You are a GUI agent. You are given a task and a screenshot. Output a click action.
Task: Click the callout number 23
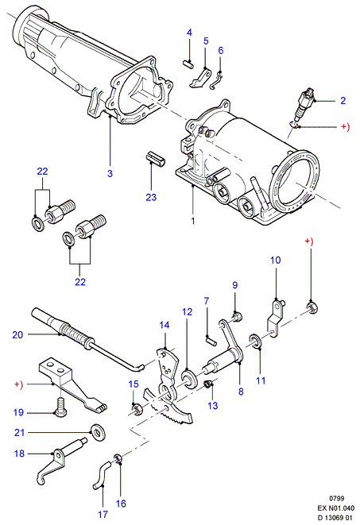[x=151, y=197]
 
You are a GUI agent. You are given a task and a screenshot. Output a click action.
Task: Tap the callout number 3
[x=110, y=173]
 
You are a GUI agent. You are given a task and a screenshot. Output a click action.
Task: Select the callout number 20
[x=17, y=334]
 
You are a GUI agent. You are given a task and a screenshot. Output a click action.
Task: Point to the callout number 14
[x=165, y=325]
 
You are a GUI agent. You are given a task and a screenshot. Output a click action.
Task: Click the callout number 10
[x=276, y=261]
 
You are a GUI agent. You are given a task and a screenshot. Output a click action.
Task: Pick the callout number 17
[x=103, y=514]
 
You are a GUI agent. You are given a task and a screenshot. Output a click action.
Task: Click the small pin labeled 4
[x=188, y=64]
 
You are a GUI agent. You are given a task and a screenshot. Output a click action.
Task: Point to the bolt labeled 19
[x=60, y=407]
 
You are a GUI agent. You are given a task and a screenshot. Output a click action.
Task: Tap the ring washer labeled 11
[x=256, y=341]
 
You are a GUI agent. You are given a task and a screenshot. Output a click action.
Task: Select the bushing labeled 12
[x=189, y=378]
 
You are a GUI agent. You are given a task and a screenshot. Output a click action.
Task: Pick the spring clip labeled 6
[x=218, y=81]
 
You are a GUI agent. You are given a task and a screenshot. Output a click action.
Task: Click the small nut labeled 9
[x=237, y=316]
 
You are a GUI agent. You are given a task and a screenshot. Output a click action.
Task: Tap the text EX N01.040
[x=335, y=508]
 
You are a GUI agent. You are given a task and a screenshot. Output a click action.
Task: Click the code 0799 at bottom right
[x=337, y=499]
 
